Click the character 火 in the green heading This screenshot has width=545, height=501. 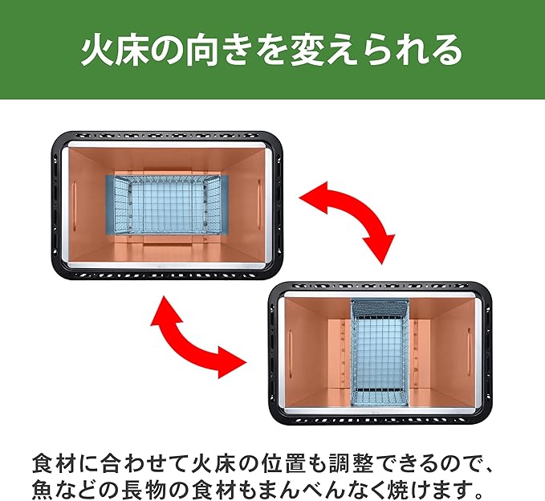pos(97,50)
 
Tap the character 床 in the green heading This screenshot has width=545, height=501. pos(133,50)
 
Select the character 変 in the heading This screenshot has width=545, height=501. pos(308,50)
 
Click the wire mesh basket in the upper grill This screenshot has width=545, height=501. pos(167,206)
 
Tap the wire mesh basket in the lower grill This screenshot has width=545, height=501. pos(380,352)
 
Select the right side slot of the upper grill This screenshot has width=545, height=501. pos(259,205)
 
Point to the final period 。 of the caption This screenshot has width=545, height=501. pos(478,494)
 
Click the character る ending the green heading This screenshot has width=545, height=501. pos(445,50)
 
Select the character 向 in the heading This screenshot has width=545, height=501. pos(202,50)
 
